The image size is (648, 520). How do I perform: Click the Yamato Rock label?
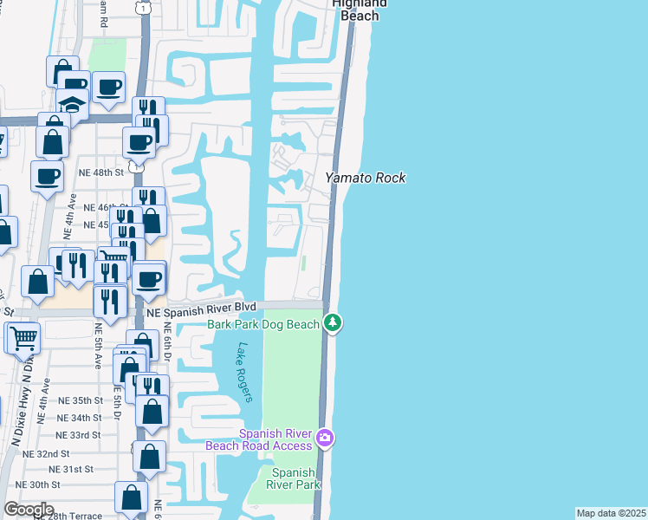click(365, 178)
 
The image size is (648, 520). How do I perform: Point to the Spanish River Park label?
click(293, 478)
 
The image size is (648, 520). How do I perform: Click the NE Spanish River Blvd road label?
click(202, 309)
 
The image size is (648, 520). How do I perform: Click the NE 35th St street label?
click(81, 400)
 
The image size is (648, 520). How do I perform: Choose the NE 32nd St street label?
click(47, 453)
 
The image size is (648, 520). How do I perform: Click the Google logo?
click(29, 510)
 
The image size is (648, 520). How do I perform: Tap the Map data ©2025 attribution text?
click(611, 513)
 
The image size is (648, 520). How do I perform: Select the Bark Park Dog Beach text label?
click(263, 324)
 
